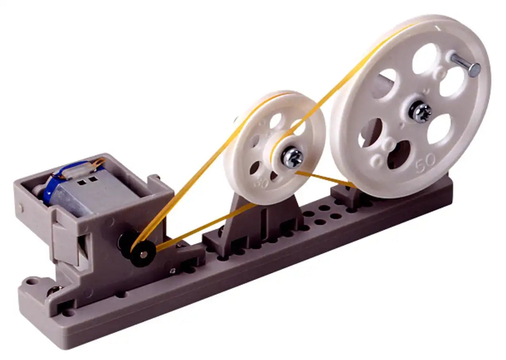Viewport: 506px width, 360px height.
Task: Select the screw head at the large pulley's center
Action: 420,112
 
